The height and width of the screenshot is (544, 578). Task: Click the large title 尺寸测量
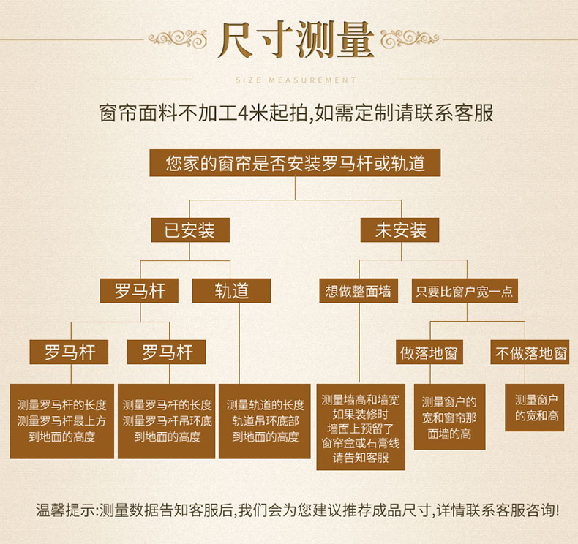point(296,39)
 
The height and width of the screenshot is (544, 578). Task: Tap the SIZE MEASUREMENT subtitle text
point(296,80)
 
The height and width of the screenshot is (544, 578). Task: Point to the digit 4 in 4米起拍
point(243,113)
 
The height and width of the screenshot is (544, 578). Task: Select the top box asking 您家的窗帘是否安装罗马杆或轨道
point(295,163)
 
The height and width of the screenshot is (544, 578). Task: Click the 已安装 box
point(190,230)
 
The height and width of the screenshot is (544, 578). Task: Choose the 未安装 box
point(399,230)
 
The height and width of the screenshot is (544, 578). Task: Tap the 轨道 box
point(231,290)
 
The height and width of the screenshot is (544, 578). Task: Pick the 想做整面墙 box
point(359,290)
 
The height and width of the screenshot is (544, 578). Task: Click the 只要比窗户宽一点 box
point(465,290)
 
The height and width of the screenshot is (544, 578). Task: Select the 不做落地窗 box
point(530,352)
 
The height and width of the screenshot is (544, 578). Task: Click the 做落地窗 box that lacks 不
point(429,352)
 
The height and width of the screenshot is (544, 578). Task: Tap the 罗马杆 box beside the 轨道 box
point(139,290)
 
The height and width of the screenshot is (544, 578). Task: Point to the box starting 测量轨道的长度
point(265,421)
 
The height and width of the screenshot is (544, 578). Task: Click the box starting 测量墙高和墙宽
point(361,427)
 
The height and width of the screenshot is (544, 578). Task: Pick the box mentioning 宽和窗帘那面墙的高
point(449,417)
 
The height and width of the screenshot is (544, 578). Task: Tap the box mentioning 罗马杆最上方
point(62,421)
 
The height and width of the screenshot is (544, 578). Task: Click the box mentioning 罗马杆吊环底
point(166,421)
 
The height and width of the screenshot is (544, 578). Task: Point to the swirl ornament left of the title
point(177,38)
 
